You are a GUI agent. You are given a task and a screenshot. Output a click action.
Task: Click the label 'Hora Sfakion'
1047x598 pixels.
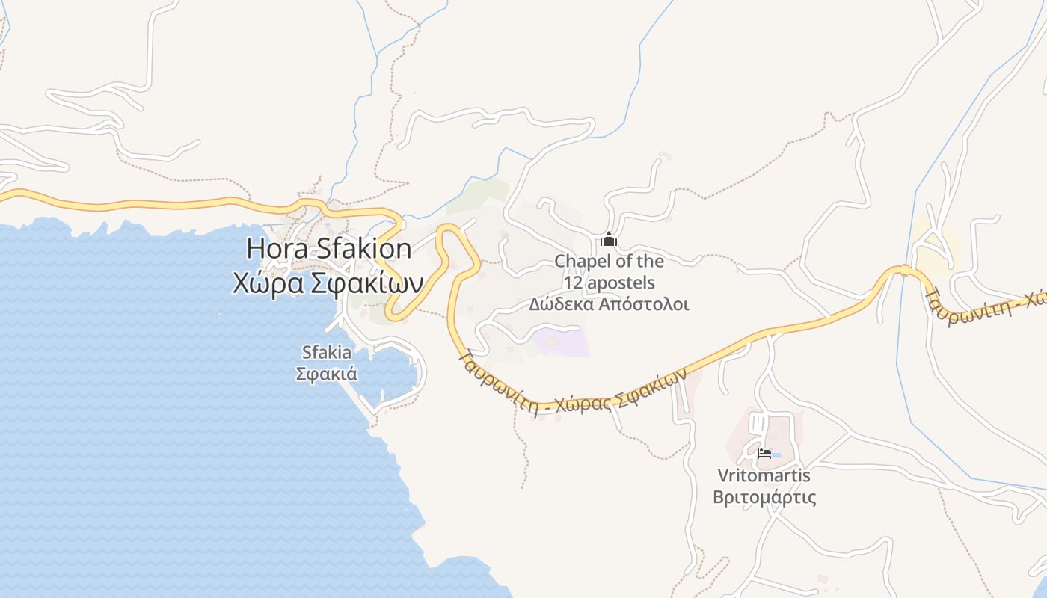coord(328,248)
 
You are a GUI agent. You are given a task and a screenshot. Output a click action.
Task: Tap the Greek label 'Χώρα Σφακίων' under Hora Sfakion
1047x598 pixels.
coord(328,283)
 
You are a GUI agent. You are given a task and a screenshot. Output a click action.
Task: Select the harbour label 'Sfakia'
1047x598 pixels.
coord(326,352)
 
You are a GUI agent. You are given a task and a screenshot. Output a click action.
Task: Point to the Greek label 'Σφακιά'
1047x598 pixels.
coord(326,373)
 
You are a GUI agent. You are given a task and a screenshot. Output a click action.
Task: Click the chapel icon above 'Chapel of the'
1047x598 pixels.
coord(609,240)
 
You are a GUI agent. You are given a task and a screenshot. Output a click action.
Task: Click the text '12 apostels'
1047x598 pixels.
coord(609,283)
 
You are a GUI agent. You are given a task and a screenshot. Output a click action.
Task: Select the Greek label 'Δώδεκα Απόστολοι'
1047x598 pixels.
coord(609,304)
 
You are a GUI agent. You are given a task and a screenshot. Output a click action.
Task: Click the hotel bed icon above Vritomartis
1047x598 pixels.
coord(764,453)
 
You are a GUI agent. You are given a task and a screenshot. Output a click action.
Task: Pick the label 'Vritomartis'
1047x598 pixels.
coord(764,475)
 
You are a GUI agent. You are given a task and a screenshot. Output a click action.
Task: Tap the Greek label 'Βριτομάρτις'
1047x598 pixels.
coord(764,497)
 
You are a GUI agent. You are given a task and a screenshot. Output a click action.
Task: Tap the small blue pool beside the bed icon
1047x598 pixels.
coord(776,454)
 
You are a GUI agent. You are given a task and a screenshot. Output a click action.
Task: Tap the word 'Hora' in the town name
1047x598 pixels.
coord(276,248)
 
